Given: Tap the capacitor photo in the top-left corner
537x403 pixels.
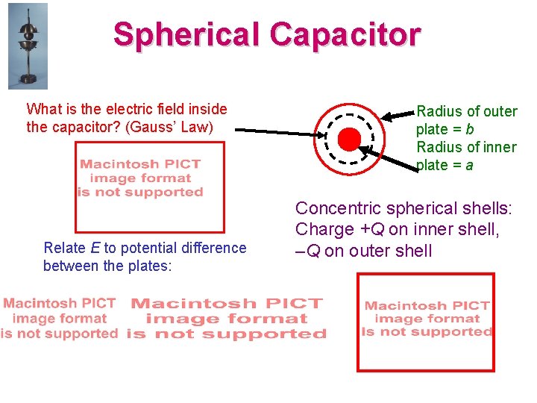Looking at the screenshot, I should tap(27, 46).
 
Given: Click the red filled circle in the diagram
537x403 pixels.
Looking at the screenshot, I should tap(348, 139).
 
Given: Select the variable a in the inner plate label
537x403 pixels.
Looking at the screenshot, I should tap(469, 165).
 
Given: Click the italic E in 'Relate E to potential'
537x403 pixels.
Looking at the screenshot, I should tap(96, 248).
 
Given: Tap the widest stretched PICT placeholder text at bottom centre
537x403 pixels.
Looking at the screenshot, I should tap(227, 319).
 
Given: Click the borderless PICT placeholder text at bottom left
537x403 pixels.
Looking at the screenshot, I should tap(59, 319).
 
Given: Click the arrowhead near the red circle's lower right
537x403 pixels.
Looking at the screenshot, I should tap(363, 149).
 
